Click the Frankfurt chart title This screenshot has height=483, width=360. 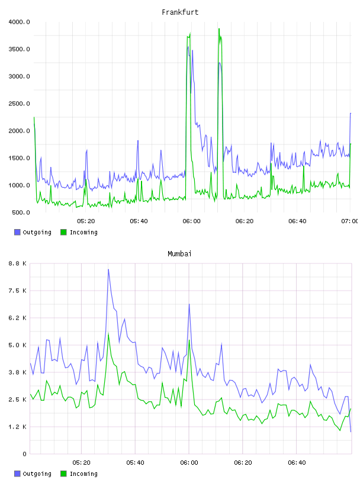click(x=180, y=12)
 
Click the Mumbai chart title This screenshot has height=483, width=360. click(x=179, y=253)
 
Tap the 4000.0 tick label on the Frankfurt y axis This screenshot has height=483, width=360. click(x=19, y=22)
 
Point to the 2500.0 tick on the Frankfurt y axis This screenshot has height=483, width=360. click(x=19, y=104)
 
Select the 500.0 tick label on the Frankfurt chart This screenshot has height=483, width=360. click(x=21, y=212)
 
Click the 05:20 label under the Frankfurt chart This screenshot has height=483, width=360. click(x=86, y=221)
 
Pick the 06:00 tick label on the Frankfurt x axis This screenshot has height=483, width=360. click(x=191, y=221)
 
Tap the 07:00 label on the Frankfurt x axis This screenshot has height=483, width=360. click(x=350, y=221)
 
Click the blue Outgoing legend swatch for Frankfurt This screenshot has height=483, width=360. click(x=17, y=232)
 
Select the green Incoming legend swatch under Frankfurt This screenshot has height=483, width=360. click(x=63, y=232)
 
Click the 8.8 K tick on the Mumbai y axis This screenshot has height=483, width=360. click(x=18, y=263)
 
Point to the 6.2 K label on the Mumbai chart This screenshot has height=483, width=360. click(x=18, y=318)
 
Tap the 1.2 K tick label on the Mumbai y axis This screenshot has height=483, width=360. click(x=18, y=427)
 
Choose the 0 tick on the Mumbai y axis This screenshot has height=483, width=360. click(x=24, y=454)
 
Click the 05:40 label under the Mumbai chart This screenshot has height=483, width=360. click(x=135, y=463)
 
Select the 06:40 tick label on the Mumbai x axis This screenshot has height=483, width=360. click(x=297, y=463)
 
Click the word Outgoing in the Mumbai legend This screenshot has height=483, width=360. click(x=37, y=474)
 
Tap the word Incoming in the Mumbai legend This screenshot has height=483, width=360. click(x=83, y=474)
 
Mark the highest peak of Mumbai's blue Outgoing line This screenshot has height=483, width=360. click(x=108, y=269)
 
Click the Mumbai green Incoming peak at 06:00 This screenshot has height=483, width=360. click(x=189, y=340)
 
